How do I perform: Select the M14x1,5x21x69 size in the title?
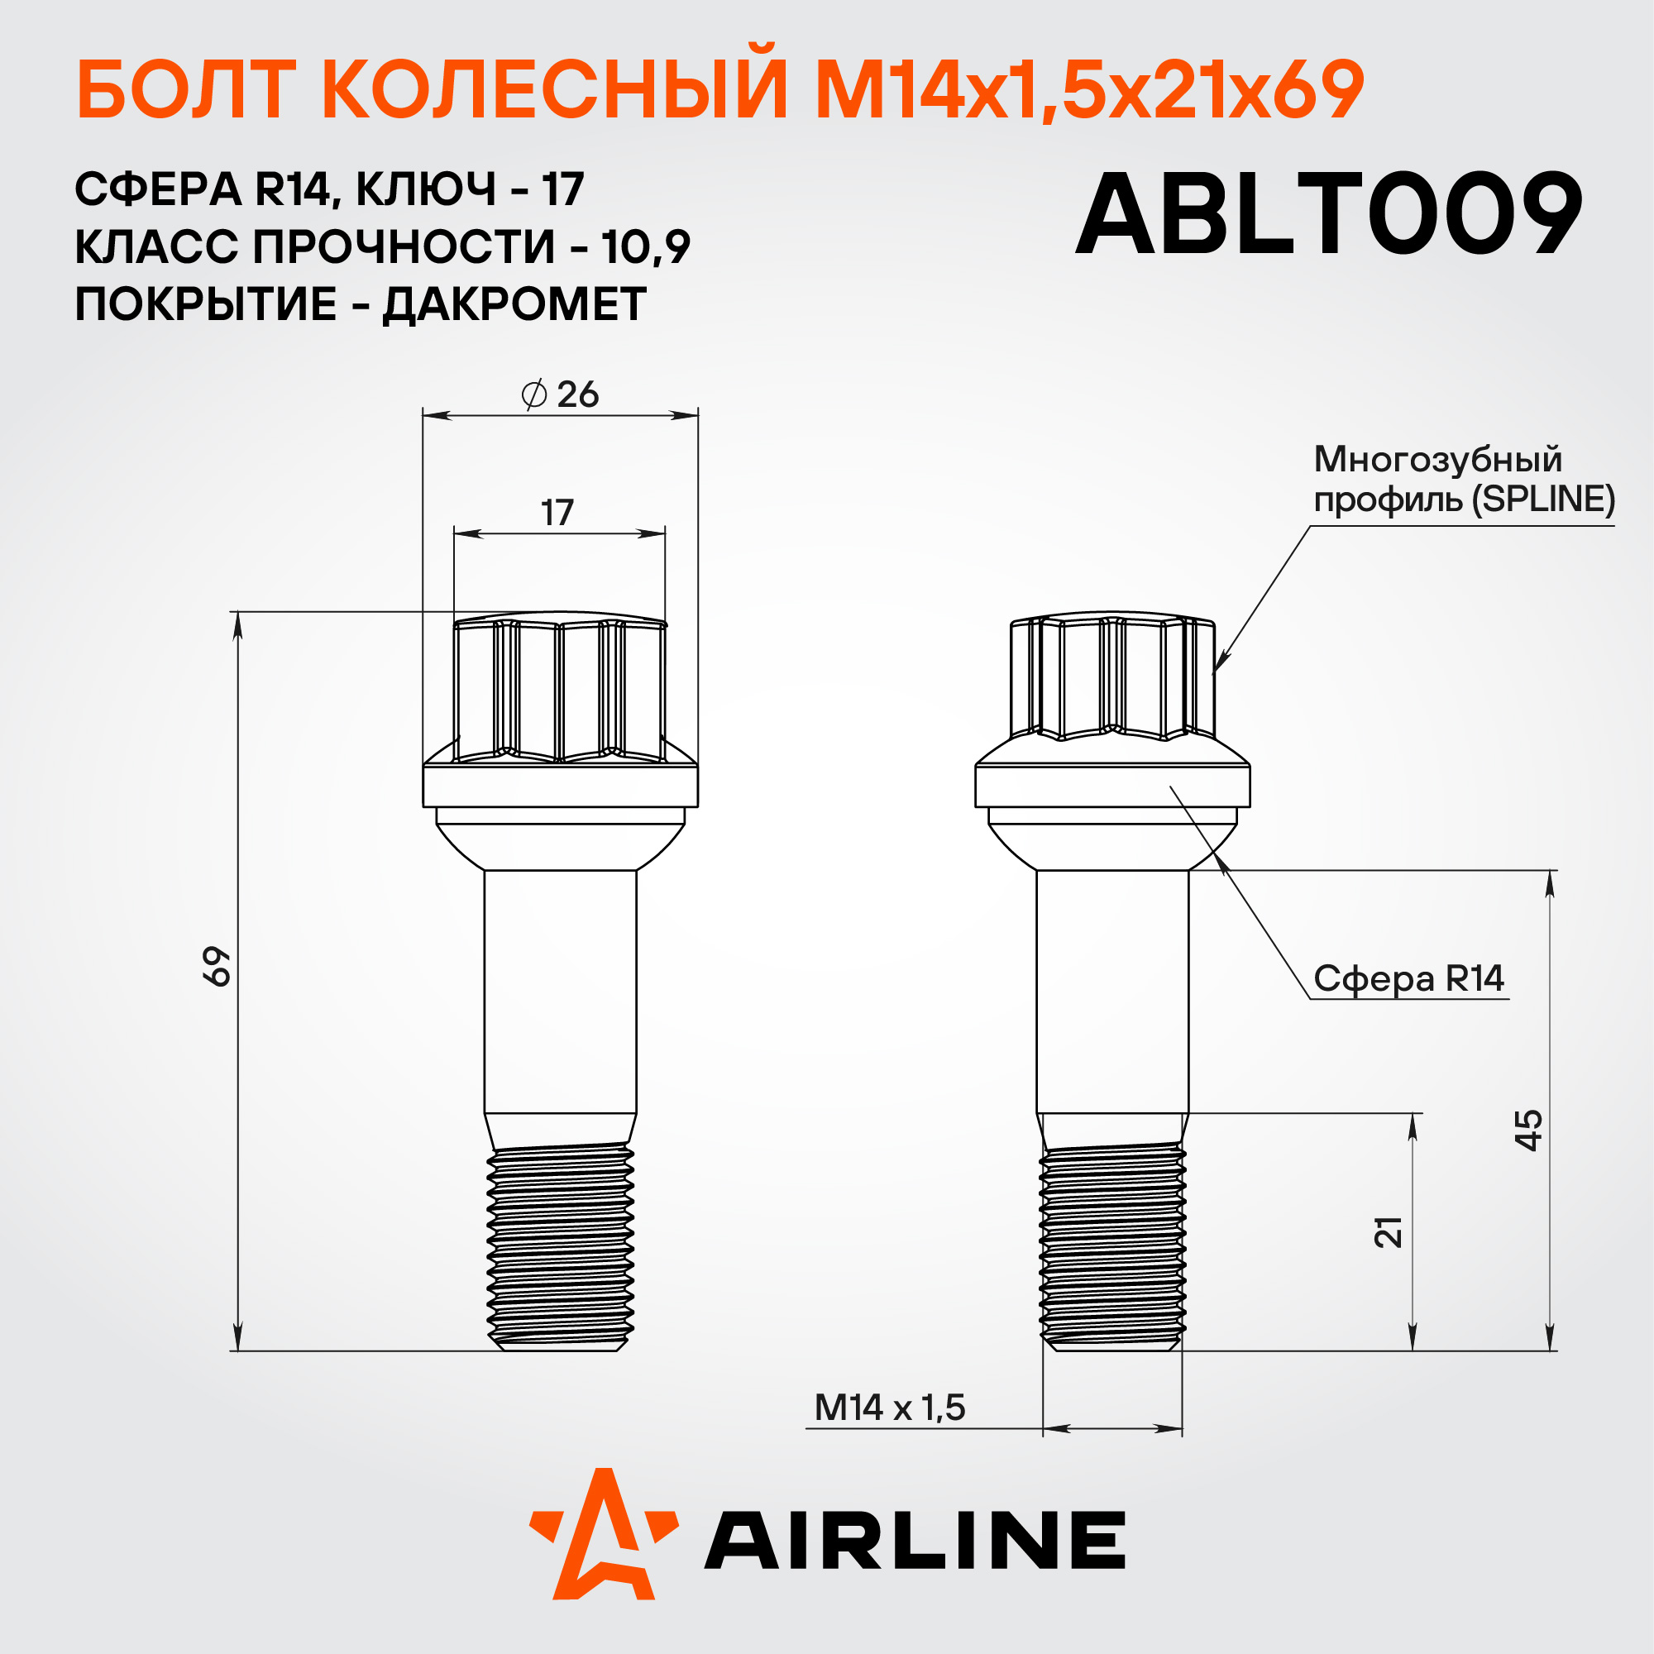tap(1089, 92)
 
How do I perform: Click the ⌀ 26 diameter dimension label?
tap(560, 394)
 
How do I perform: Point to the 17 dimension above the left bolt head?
tap(557, 513)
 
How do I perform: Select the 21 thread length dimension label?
tap(1389, 1232)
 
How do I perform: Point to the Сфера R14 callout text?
tap(1409, 978)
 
